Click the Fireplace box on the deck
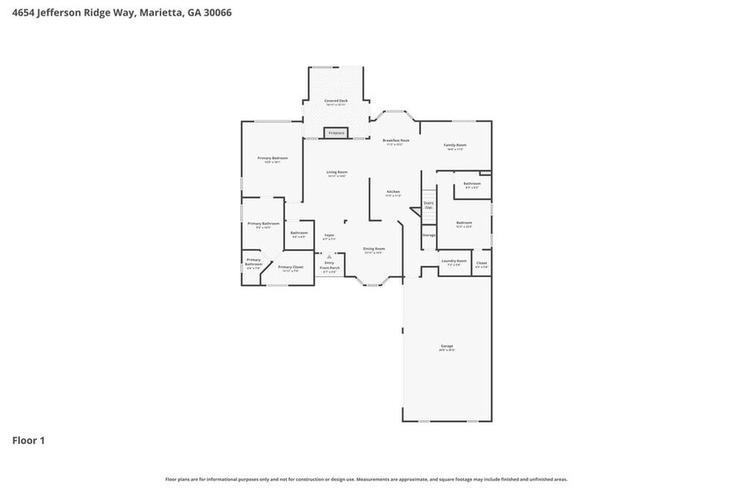pyautogui.click(x=337, y=133)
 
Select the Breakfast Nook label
pyautogui.click(x=396, y=141)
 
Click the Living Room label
pyautogui.click(x=337, y=173)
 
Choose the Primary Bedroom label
pyautogui.click(x=272, y=159)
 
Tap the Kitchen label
pyautogui.click(x=394, y=193)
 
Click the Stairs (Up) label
pyautogui.click(x=429, y=204)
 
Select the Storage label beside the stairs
pyautogui.click(x=429, y=235)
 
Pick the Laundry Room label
pyautogui.click(x=454, y=262)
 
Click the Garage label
pyautogui.click(x=447, y=347)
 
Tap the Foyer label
pyautogui.click(x=329, y=236)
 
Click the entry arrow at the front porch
pyautogui.click(x=330, y=258)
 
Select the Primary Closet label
pyautogui.click(x=291, y=268)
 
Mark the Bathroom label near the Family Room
pyautogui.click(x=472, y=184)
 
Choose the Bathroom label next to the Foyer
pyautogui.click(x=299, y=234)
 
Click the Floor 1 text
pyautogui.click(x=28, y=440)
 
